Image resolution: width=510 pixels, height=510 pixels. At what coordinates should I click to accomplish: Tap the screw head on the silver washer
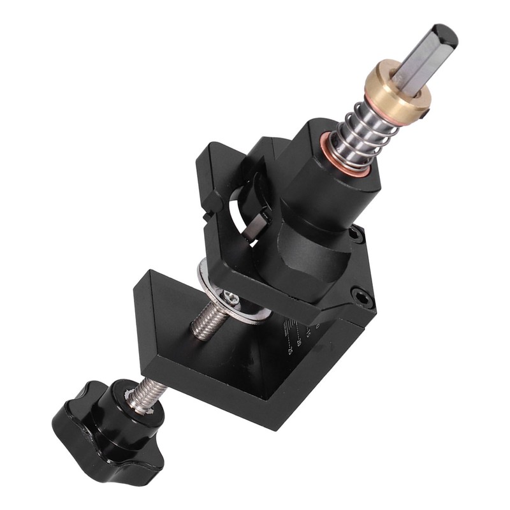231,297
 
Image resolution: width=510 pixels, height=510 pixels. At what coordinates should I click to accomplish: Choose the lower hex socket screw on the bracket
361,295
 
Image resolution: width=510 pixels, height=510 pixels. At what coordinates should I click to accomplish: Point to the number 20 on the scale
299,341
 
